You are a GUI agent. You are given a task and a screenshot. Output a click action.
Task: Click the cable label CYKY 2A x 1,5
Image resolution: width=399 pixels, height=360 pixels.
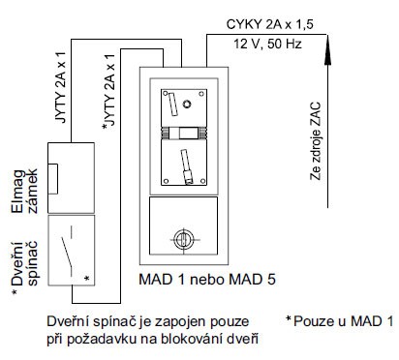click(x=269, y=25)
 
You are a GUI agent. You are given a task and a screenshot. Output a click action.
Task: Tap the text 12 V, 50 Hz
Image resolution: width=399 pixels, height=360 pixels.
click(x=267, y=44)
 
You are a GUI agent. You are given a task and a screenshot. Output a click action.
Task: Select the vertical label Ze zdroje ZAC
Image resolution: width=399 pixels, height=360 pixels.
click(x=316, y=141)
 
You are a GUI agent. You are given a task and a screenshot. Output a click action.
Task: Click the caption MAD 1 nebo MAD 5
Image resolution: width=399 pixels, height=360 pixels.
click(x=207, y=280)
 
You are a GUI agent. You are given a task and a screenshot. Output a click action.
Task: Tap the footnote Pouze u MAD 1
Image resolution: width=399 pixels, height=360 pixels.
click(x=340, y=321)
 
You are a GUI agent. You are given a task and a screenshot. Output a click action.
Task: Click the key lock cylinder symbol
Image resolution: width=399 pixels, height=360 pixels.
click(x=184, y=239)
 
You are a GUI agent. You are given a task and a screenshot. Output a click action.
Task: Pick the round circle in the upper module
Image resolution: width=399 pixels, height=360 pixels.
click(x=187, y=104)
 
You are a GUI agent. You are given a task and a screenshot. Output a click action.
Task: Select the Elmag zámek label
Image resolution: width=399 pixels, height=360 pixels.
click(x=24, y=191)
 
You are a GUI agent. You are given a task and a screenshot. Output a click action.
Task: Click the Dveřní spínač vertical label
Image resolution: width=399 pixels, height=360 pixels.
click(x=24, y=263)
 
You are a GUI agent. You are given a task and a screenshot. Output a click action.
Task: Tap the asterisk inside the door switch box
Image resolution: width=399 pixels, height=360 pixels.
click(x=86, y=279)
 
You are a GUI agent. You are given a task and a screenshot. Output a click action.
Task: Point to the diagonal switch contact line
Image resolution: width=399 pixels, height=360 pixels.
click(x=67, y=252)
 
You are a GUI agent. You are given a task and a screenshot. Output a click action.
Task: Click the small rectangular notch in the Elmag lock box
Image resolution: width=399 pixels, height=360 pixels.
click(x=53, y=179)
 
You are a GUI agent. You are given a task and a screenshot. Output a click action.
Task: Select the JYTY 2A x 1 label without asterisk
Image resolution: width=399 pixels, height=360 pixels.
click(x=61, y=87)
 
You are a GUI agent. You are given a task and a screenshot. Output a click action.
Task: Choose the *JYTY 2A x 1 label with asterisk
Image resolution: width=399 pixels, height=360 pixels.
click(x=108, y=92)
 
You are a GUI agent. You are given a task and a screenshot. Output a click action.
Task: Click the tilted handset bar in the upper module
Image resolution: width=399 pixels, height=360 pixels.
click(x=173, y=105)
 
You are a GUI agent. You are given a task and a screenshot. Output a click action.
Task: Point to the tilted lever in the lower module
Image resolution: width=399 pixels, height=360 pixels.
click(x=187, y=166)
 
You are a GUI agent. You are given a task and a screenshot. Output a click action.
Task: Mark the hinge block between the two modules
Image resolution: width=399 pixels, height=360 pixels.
click(x=184, y=133)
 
